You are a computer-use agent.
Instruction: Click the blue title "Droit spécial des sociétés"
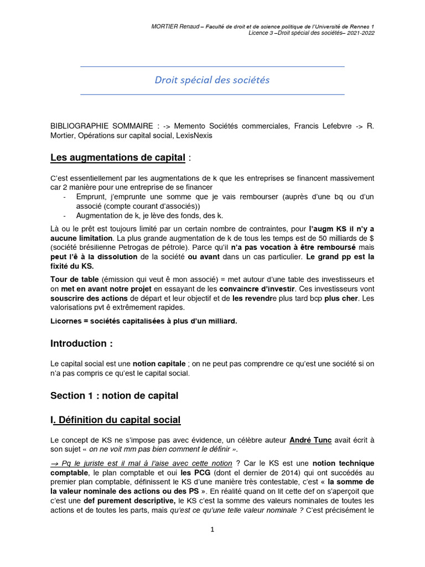[x=212, y=80]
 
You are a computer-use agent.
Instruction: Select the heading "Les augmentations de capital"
[x=117, y=158]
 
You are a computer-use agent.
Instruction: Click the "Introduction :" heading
[x=81, y=343]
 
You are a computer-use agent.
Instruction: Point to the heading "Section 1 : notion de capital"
[x=114, y=395]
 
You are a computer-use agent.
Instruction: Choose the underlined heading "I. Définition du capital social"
[x=115, y=420]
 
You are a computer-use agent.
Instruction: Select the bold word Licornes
[x=68, y=321]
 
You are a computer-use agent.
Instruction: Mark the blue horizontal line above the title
[x=212, y=66]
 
